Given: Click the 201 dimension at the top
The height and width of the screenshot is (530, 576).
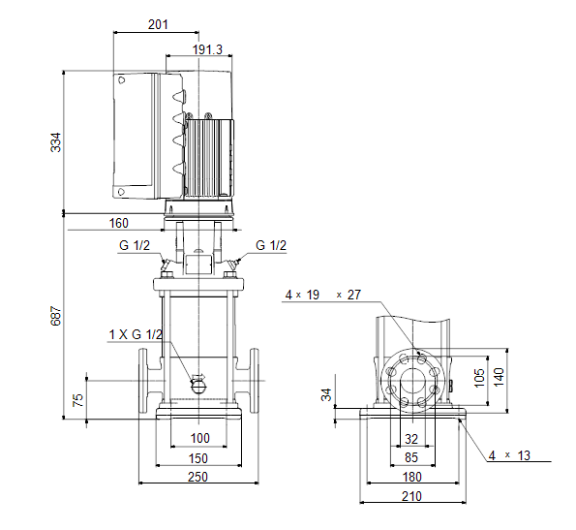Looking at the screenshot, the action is click(x=158, y=24).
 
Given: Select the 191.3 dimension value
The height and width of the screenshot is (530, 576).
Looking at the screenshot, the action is click(x=207, y=49).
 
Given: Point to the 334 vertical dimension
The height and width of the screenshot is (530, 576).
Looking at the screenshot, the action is click(x=56, y=142).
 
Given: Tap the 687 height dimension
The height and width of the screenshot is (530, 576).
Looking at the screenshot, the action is click(x=56, y=315).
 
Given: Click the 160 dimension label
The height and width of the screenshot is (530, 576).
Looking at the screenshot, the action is click(x=119, y=223).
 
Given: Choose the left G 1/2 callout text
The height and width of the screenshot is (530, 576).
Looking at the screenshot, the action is click(x=135, y=245).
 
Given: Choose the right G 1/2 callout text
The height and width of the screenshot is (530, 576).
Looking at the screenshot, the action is click(x=271, y=245).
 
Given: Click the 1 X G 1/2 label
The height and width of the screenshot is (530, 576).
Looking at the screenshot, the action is click(x=136, y=334).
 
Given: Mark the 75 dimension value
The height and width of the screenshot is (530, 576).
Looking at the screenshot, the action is click(x=78, y=400).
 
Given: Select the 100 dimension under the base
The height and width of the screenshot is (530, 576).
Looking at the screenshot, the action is click(x=199, y=438).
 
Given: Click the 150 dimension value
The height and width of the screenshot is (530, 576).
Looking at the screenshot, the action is click(x=198, y=458).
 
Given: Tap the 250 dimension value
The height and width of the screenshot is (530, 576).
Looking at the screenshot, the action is click(x=198, y=477).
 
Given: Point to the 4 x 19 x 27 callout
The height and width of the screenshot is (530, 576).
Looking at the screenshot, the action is click(x=323, y=295).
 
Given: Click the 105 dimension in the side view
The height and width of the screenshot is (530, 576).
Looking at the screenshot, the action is click(x=479, y=378).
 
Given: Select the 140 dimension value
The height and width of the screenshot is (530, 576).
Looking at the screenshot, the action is click(x=499, y=377).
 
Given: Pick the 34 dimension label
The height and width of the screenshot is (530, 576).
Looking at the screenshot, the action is click(x=326, y=394).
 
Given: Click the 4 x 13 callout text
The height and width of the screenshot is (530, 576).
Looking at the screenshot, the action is click(x=509, y=455).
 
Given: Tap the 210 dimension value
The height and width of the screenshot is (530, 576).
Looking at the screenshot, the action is click(x=411, y=496).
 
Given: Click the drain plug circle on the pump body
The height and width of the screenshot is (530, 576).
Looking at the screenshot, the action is click(x=198, y=387).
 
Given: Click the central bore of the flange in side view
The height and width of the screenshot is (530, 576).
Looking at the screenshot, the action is click(x=413, y=381).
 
